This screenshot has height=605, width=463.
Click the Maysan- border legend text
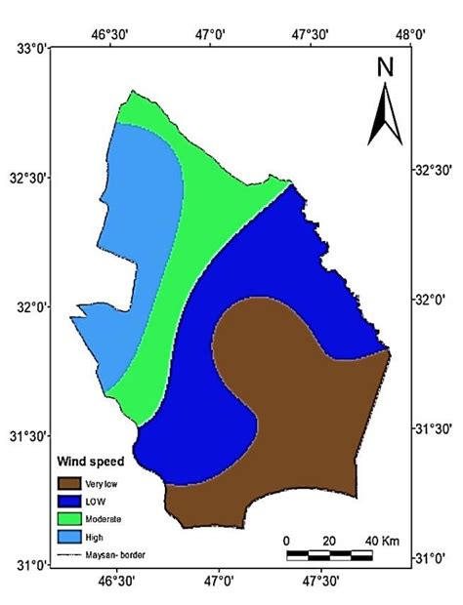[x=116, y=554]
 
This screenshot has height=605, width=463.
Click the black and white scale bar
[x=329, y=555]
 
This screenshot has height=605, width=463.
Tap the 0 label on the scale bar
[x=286, y=540]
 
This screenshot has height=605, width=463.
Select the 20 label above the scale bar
[x=328, y=540]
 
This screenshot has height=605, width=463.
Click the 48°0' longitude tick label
[x=410, y=33]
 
